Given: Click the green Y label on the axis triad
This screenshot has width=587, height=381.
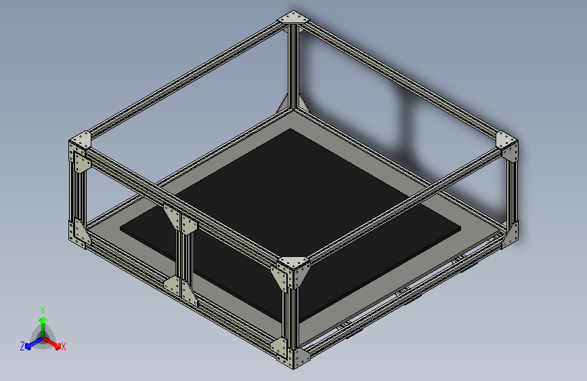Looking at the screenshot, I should click(43, 308).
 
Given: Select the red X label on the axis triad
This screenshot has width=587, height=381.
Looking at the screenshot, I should click(64, 347).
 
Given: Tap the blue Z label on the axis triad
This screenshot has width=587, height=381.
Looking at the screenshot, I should click(22, 346).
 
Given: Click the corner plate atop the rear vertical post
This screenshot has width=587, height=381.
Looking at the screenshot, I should click(293, 18).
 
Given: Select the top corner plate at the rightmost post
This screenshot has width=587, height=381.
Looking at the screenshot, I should click(507, 140).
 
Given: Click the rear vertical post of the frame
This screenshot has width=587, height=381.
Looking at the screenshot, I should click(293, 64).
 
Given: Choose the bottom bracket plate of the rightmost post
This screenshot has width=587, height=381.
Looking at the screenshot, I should click(511, 234).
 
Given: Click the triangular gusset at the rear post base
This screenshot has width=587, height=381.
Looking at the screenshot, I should click(284, 105).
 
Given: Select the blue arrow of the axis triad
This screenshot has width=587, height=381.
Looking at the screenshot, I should click(31, 343).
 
